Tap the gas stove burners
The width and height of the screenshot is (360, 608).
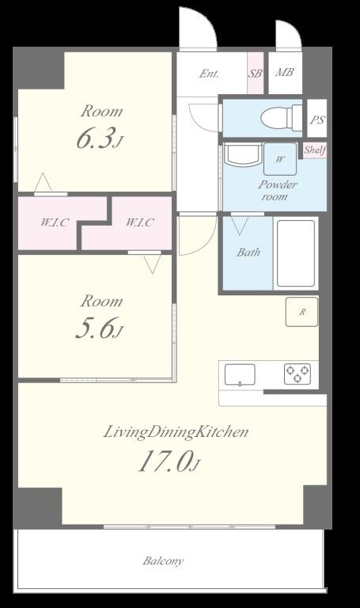tap(297, 374)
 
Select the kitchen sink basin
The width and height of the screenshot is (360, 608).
tap(240, 375)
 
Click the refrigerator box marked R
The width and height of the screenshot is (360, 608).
tap(302, 311)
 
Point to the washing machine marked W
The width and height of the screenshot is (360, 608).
tap(280, 159)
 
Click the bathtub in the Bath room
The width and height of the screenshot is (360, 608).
tap(296, 253)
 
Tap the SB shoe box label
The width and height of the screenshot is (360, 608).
tap(255, 73)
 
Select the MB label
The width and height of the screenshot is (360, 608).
tap(284, 72)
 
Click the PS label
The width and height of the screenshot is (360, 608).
tap(317, 120)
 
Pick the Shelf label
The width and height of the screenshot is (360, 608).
tap(314, 150)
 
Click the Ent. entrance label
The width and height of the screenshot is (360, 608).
tap(209, 74)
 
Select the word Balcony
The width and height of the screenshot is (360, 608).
tap(163, 560)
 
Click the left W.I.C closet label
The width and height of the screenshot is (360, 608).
tap(55, 222)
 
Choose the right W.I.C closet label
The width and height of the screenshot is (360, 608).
tap(140, 222)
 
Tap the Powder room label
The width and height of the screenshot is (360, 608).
tap(278, 190)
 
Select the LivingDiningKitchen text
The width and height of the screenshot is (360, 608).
tap(176, 432)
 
